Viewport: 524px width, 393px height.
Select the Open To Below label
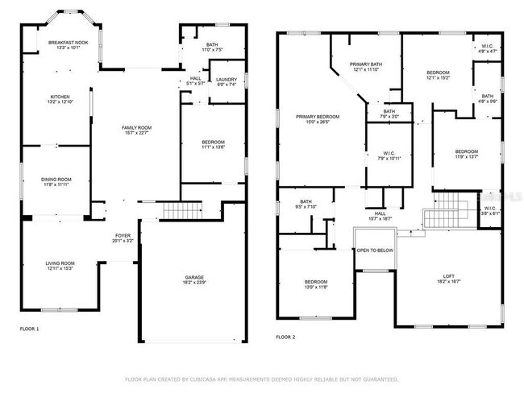coord(375,250)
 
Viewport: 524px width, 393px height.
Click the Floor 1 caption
coord(29,329)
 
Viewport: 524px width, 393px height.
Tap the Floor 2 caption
coord(286,337)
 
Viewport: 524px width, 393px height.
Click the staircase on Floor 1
coord(176,210)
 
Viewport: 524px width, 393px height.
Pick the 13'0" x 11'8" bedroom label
coord(316,283)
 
